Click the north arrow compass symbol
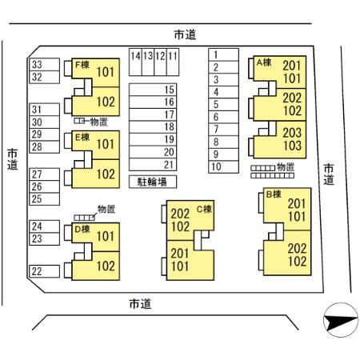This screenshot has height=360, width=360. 341,320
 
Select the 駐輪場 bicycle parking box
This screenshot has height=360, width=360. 153,182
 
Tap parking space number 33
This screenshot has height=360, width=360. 44,65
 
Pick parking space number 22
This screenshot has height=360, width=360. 44,271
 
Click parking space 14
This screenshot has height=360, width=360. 135,62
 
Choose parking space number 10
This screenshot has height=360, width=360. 223,167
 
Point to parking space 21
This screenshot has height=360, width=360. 153,165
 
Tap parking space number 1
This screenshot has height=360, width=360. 223,54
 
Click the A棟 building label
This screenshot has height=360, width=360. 264,62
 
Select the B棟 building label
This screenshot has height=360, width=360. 274,194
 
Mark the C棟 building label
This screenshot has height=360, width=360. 204,209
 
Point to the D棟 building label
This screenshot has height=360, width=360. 82,229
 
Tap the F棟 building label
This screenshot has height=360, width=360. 82,65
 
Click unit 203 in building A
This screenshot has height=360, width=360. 292,133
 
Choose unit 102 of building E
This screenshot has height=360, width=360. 106,174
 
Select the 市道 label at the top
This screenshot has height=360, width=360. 185,34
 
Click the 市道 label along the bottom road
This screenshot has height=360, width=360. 140,304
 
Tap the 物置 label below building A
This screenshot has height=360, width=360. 286,167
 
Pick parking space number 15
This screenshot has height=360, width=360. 153,90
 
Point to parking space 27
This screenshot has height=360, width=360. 44,174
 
